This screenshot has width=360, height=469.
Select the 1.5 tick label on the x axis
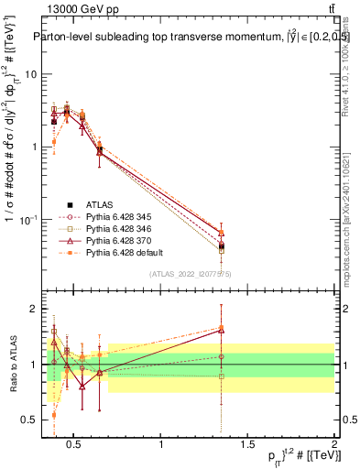[x=247, y=446]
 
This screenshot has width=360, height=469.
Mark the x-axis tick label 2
[x=334, y=446]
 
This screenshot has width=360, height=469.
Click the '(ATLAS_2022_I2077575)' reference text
[x=190, y=273]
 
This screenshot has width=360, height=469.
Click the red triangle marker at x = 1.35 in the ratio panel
[x=221, y=329]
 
